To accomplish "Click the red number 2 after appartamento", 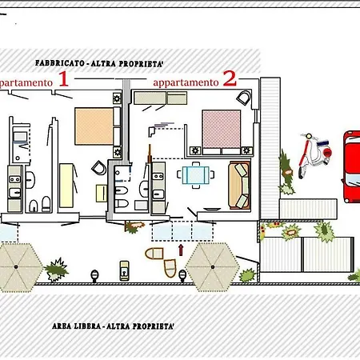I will click(x=230, y=78).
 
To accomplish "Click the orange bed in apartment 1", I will click(x=95, y=126).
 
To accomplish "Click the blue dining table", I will click(x=196, y=175).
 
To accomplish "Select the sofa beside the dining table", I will click(x=239, y=186).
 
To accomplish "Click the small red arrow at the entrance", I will click(x=181, y=250).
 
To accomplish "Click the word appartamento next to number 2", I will click(x=185, y=82).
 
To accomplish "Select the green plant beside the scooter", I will click(x=286, y=172).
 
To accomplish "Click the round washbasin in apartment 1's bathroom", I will click(x=34, y=208).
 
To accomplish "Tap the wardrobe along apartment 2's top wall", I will click(x=160, y=98).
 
